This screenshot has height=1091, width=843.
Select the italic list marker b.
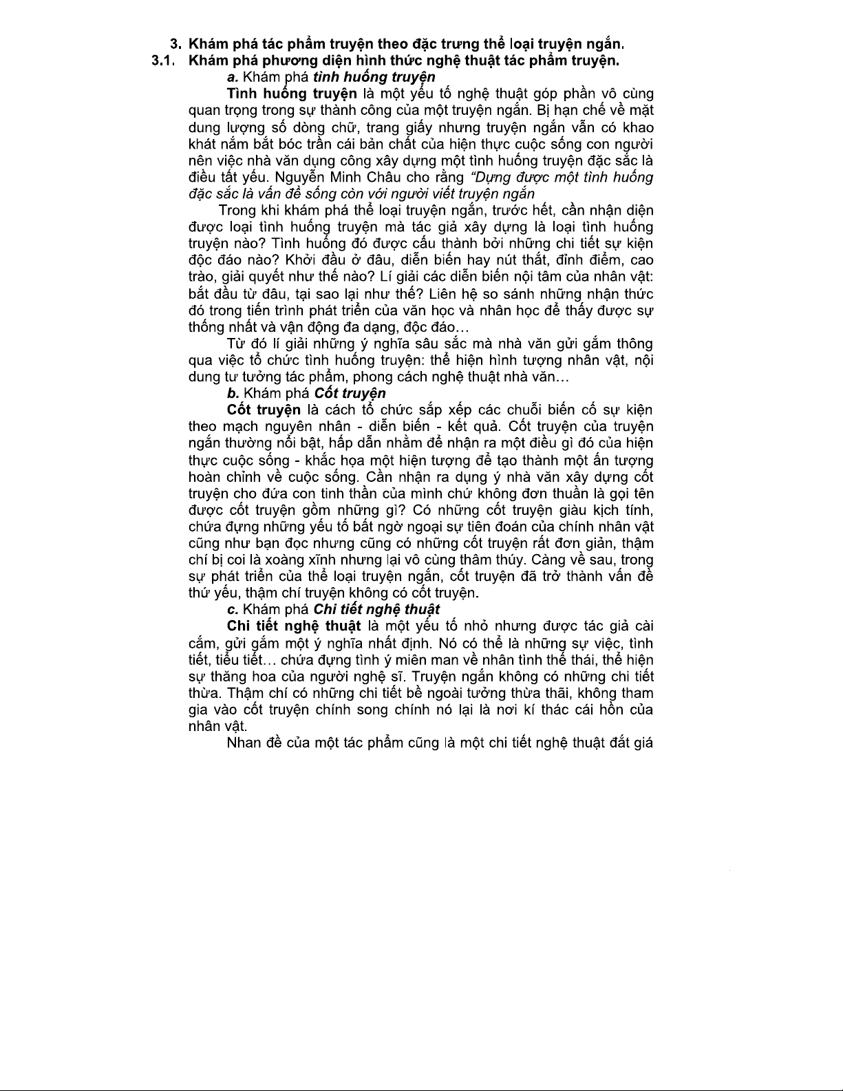[233, 394]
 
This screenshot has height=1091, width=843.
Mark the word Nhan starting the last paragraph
[243, 743]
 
